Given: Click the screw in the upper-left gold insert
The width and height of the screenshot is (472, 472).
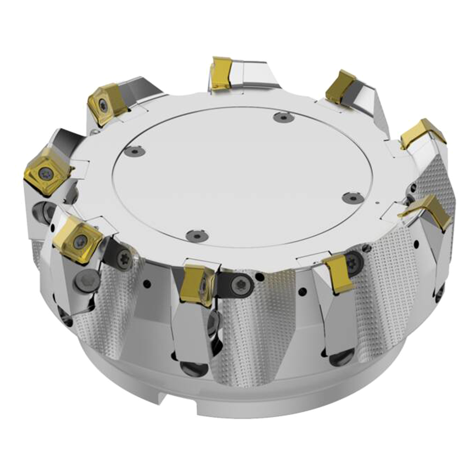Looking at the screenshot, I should click(104, 105).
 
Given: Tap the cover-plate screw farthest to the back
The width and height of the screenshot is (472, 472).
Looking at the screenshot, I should click(282, 117).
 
